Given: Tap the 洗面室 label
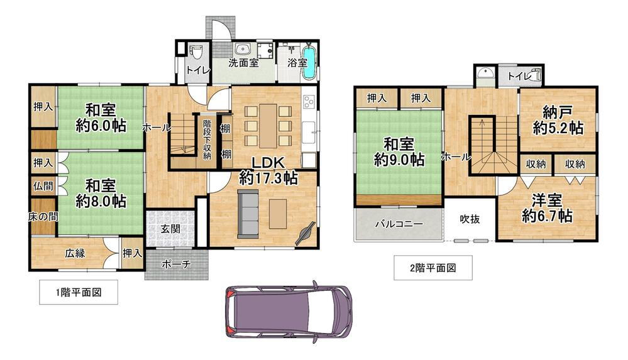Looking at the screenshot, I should tap(243, 63).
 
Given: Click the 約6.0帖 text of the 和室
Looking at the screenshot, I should tap(101, 126).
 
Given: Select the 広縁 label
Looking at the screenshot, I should tap(74, 254).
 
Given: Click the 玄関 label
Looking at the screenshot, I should tap(170, 229).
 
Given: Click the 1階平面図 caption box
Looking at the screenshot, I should tap(78, 292).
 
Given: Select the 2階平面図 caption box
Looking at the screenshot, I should tap(432, 268).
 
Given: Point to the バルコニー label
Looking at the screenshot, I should tap(399, 224).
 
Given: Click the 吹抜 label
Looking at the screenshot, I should tap(470, 219).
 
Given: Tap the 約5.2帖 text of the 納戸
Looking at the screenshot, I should tap(558, 128).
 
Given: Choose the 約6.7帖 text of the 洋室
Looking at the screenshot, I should tap(546, 216).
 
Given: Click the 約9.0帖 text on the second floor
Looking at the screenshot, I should tap(399, 160).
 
